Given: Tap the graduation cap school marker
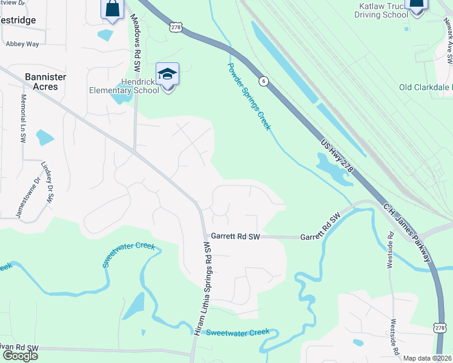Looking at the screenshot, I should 168,75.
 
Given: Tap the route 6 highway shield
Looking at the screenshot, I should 263,80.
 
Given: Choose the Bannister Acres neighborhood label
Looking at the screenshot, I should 41,82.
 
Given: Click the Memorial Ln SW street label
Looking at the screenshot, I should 24,118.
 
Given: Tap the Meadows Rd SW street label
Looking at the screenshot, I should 136,37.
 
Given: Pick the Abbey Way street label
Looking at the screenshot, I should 22,44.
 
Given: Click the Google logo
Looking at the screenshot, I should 20,355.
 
